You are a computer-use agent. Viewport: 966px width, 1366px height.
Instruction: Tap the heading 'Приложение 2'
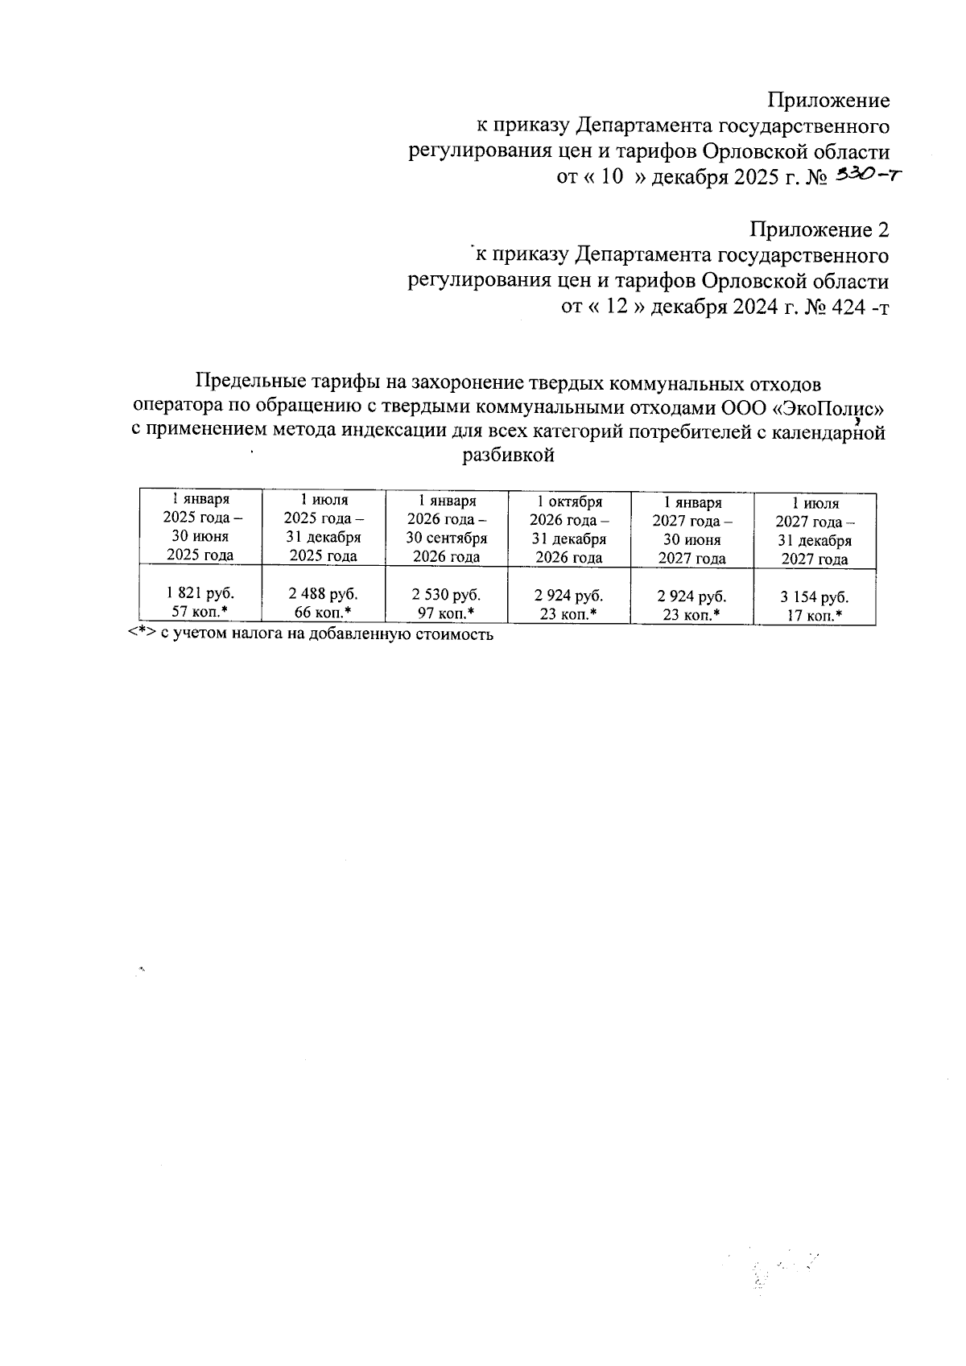pos(819,229)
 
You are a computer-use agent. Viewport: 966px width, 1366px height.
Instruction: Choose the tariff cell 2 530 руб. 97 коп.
pos(446,604)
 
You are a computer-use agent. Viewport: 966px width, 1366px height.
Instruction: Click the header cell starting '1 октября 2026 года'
pos(569,530)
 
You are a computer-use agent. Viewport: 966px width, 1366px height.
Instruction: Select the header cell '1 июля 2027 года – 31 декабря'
pos(813,531)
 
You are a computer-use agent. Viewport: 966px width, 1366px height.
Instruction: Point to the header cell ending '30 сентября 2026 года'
pos(446,529)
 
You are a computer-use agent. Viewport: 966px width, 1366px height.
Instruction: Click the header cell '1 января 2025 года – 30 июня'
pos(200,527)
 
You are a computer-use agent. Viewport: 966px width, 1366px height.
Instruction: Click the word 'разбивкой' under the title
pos(509,456)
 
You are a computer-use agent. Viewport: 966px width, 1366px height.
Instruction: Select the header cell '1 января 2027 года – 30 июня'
pos(691,530)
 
